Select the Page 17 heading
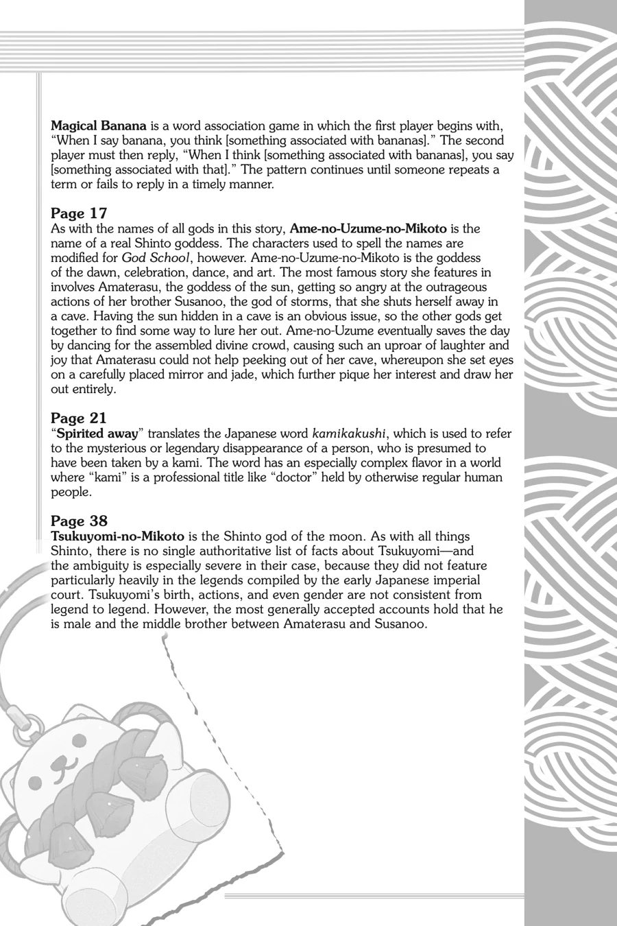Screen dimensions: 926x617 point(79,213)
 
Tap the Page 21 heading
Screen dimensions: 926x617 point(79,418)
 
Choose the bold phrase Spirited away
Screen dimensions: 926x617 point(97,434)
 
